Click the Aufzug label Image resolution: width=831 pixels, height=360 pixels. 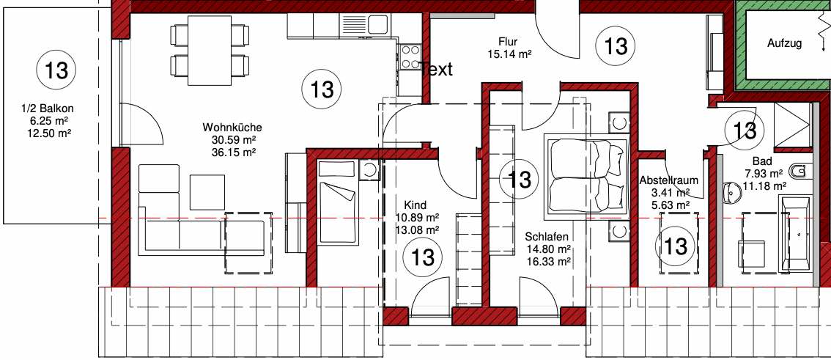pos(784,44)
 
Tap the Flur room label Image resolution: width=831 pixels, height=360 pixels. pos(507,42)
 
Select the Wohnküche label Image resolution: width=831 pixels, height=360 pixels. pos(232,128)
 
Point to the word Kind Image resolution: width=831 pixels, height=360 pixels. pos(415,205)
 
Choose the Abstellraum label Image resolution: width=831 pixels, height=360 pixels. pos(668,180)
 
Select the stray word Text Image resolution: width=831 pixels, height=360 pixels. pos(436,69)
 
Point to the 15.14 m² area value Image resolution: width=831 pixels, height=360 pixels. pos(509,54)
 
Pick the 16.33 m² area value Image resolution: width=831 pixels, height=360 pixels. pos(548,261)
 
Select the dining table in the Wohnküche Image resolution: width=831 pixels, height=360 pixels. pos(210,51)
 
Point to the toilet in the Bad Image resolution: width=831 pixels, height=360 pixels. pos(800,172)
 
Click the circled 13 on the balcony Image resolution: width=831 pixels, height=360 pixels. pos(56,70)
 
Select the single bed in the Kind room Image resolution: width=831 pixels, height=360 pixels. pos(336,203)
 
